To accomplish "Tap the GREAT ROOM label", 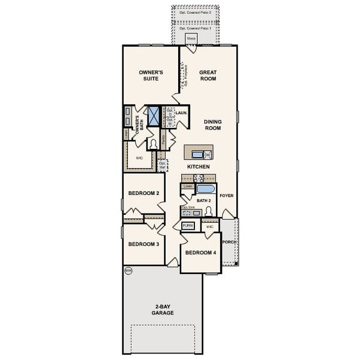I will point(208,76).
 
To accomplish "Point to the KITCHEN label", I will point(198,166).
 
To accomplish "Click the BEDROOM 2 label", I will point(143,193).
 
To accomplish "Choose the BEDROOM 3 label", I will point(143,244).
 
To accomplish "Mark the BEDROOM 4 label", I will point(200,253).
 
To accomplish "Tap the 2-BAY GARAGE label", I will point(162,310).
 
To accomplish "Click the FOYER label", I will point(226,196).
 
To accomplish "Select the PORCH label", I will point(229,242).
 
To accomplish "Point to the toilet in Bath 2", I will point(209,211).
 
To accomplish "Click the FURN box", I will point(188,226).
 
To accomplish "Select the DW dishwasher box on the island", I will point(208,155).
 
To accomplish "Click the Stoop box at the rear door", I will point(191,38).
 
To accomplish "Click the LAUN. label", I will point(182,112).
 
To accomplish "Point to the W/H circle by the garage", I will point(128,271).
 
